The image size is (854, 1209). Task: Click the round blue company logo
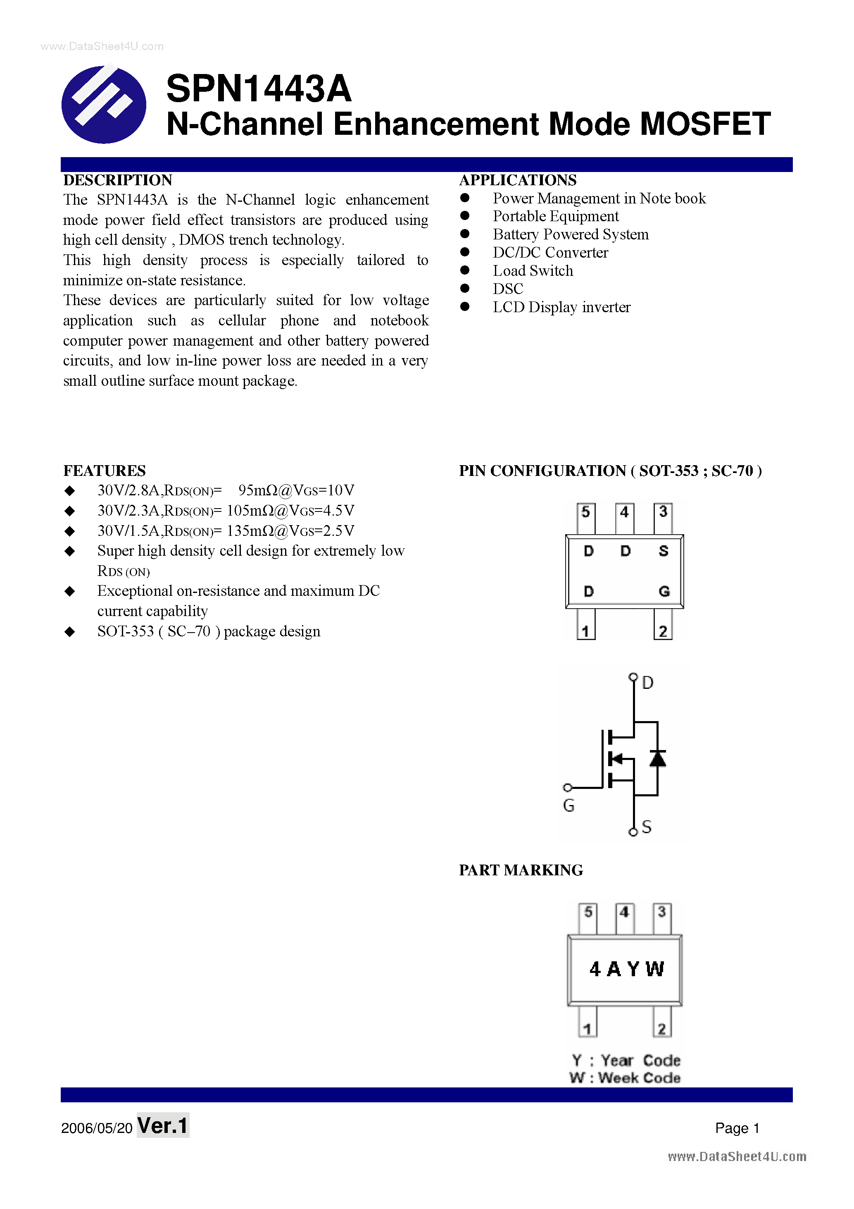[104, 104]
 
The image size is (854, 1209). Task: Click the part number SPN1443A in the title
[258, 88]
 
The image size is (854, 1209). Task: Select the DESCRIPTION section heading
[117, 180]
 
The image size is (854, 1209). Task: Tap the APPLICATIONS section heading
[518, 180]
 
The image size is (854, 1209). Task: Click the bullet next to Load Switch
[465, 270]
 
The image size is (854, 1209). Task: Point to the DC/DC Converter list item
[550, 253]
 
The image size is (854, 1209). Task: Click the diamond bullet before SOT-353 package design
[69, 631]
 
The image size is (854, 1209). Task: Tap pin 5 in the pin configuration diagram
[585, 512]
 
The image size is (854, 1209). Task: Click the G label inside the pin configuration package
[664, 591]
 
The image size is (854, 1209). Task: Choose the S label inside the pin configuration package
[664, 551]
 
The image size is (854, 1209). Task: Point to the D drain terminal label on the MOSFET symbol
[648, 683]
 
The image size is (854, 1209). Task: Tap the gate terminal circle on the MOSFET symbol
[567, 788]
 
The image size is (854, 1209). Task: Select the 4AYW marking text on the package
[626, 969]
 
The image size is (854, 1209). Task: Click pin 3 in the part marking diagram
[662, 911]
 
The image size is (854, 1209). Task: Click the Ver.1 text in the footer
[163, 1126]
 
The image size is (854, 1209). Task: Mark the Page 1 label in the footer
[737, 1128]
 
